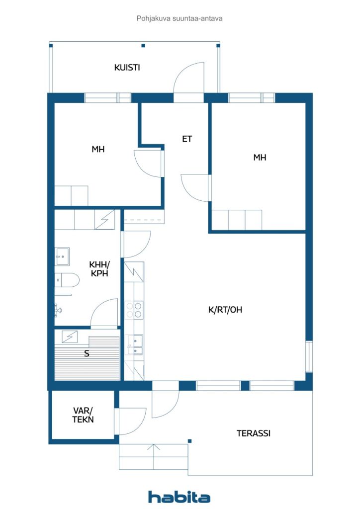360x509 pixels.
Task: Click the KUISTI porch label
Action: tap(127, 68)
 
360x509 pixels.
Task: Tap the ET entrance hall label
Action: tap(187, 139)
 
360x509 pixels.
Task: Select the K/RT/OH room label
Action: tap(225, 310)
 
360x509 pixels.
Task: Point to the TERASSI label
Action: tap(253, 433)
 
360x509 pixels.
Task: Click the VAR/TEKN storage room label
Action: tap(83, 415)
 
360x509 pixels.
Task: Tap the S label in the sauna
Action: tap(87, 354)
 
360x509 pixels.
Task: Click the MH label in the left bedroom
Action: tap(98, 149)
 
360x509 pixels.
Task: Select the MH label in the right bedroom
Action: tap(260, 158)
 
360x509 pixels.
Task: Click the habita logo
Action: tap(179, 497)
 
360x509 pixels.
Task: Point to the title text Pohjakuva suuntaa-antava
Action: tap(180, 18)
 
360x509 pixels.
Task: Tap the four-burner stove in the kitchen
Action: tap(134, 310)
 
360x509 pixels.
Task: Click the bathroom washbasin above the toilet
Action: tap(63, 256)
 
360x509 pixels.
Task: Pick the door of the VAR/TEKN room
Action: tap(130, 421)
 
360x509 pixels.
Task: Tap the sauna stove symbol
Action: tap(70, 337)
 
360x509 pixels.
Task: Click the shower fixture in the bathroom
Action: tap(58, 310)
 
